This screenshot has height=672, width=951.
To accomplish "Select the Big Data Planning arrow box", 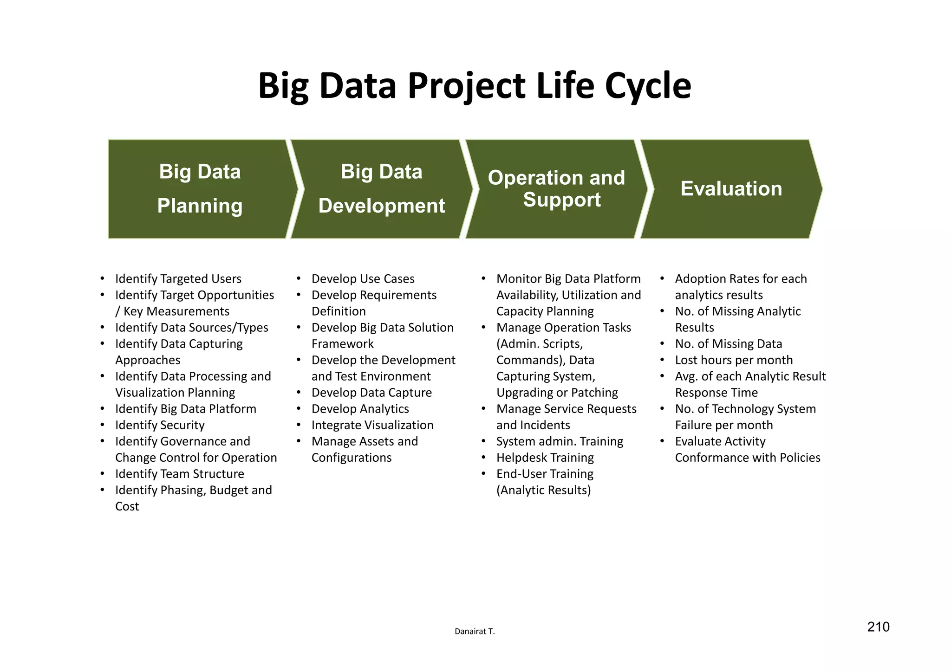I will click(200, 189).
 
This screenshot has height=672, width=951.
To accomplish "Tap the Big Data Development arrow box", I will click(381, 189).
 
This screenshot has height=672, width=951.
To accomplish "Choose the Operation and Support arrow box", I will click(556, 189).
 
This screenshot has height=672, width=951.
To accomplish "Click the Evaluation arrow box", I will click(731, 189).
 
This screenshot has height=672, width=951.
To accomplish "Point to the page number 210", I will click(878, 627).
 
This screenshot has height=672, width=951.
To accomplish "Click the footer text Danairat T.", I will click(475, 632).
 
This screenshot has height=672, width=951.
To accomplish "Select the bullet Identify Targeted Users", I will click(178, 279).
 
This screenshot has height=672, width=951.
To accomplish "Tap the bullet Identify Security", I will click(160, 425).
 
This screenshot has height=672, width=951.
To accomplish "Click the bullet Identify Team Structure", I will click(179, 474).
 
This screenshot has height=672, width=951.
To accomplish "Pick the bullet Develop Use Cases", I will click(363, 279).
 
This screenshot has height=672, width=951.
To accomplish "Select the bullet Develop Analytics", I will click(360, 409).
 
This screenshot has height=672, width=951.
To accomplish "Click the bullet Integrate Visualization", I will click(372, 425).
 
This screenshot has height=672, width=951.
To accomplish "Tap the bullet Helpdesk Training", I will click(545, 458).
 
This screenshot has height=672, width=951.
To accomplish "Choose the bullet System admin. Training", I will click(560, 441).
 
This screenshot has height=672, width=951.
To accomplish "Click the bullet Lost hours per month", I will click(734, 360).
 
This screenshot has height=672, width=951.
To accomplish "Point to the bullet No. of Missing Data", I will click(728, 344).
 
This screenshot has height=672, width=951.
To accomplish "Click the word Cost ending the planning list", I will click(127, 506).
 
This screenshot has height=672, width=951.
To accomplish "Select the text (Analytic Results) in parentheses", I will click(543, 490).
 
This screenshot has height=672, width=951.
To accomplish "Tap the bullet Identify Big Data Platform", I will click(185, 409).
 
